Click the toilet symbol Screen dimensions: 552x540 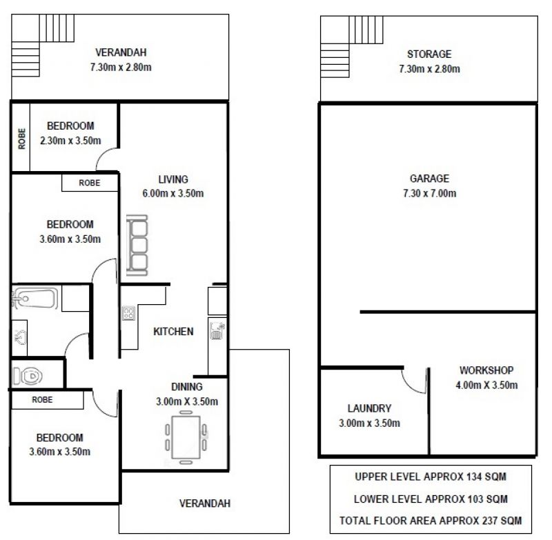pos(28,376)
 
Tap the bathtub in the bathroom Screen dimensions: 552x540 pos(35,299)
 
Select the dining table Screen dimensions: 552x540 pos(186,437)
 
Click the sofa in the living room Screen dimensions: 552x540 pos(137,246)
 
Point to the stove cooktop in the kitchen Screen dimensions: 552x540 pos(128,313)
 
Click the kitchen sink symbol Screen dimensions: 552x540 pos(217,330)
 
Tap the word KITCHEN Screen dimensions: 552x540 pos(173,332)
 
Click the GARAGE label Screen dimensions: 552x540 pos(429,179)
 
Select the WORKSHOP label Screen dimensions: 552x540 pos(486,370)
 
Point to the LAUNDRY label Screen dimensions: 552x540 pos(369,408)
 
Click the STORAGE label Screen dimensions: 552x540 pos(429,54)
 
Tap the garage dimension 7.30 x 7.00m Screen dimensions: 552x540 pos(429,193)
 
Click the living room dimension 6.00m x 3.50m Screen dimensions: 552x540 pos(173,193)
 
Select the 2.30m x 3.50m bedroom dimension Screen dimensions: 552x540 pos(70,141)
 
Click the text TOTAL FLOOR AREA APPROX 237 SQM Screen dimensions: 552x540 pos(431,520)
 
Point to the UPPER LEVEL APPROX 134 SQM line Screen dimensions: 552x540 pos(431,477)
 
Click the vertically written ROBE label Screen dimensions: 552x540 pos(22,139)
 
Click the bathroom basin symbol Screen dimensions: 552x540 pos(20,337)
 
